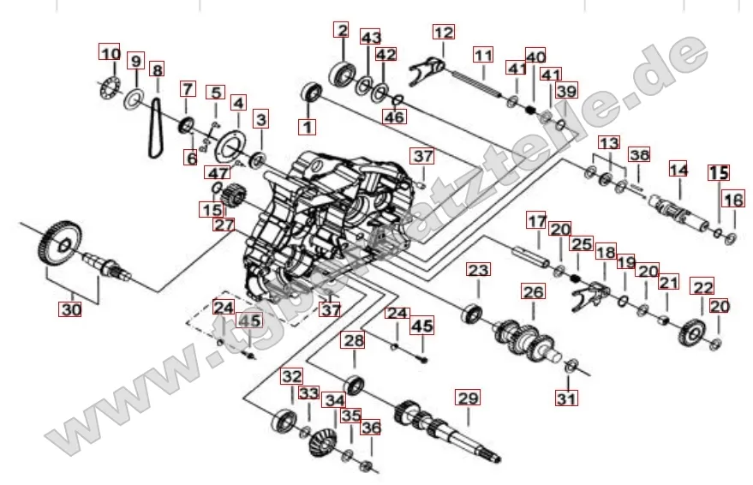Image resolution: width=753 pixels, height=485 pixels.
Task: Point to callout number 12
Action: click(x=443, y=33)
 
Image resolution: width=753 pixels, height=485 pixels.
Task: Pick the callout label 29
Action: click(x=467, y=398)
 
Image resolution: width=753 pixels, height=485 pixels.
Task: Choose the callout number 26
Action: click(x=533, y=292)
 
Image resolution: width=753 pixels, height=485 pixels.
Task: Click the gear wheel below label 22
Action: click(x=695, y=330)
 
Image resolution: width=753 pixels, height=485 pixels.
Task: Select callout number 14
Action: click(x=678, y=170)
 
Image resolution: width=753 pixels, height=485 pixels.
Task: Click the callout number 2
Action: click(x=341, y=31)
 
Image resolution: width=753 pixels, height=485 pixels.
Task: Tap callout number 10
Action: click(x=110, y=54)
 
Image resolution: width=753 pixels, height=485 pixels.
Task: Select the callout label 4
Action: click(x=237, y=103)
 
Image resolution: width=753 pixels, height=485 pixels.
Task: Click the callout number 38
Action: click(x=638, y=155)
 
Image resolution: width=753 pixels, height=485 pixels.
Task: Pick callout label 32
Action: click(x=292, y=375)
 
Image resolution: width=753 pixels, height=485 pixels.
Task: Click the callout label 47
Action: click(x=217, y=173)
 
